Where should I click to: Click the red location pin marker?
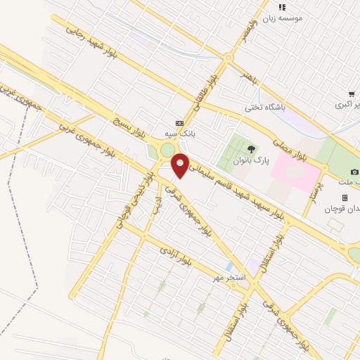(x=181, y=165)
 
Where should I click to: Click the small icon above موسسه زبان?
(x=282, y=7)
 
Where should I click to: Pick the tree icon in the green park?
(x=251, y=148)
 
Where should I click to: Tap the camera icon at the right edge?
(x=354, y=172)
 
